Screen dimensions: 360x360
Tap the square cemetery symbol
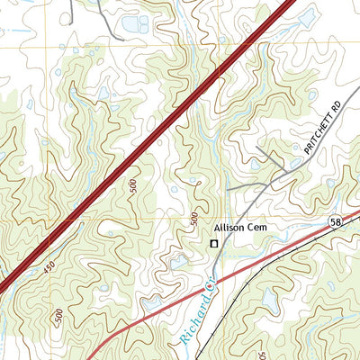coord(214,243)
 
